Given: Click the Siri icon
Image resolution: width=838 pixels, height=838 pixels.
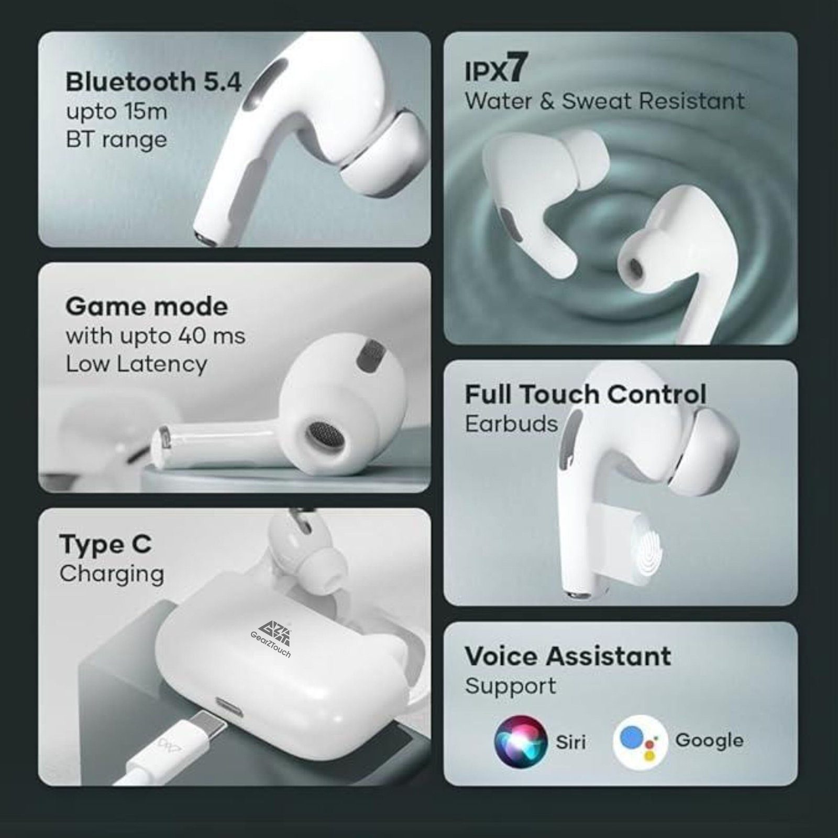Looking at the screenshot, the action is (x=521, y=742).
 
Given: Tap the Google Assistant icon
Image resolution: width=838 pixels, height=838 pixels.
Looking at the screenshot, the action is (x=640, y=742).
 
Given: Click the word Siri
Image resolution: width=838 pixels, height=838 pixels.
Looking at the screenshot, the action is (x=571, y=742).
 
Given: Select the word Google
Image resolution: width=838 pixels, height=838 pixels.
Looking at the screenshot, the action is (x=709, y=741).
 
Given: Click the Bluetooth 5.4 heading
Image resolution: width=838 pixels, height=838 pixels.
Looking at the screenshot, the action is (x=153, y=82).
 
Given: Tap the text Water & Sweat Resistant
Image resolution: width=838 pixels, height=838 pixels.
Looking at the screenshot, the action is (x=604, y=101).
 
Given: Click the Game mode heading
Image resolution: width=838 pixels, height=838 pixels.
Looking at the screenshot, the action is (x=147, y=306).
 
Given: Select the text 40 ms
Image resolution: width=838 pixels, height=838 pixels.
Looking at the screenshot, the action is (x=212, y=336).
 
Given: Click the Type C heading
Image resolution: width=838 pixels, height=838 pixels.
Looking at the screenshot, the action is (x=105, y=545).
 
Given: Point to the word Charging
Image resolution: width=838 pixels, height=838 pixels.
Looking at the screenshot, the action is (x=112, y=575).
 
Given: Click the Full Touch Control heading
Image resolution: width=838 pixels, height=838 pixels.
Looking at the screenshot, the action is (x=586, y=394).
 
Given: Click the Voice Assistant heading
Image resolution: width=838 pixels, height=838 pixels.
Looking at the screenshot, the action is (x=568, y=656).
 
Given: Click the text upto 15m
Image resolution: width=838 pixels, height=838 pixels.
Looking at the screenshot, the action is (x=116, y=112).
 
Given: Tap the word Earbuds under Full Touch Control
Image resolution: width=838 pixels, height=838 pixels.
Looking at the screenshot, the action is (x=511, y=424).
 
